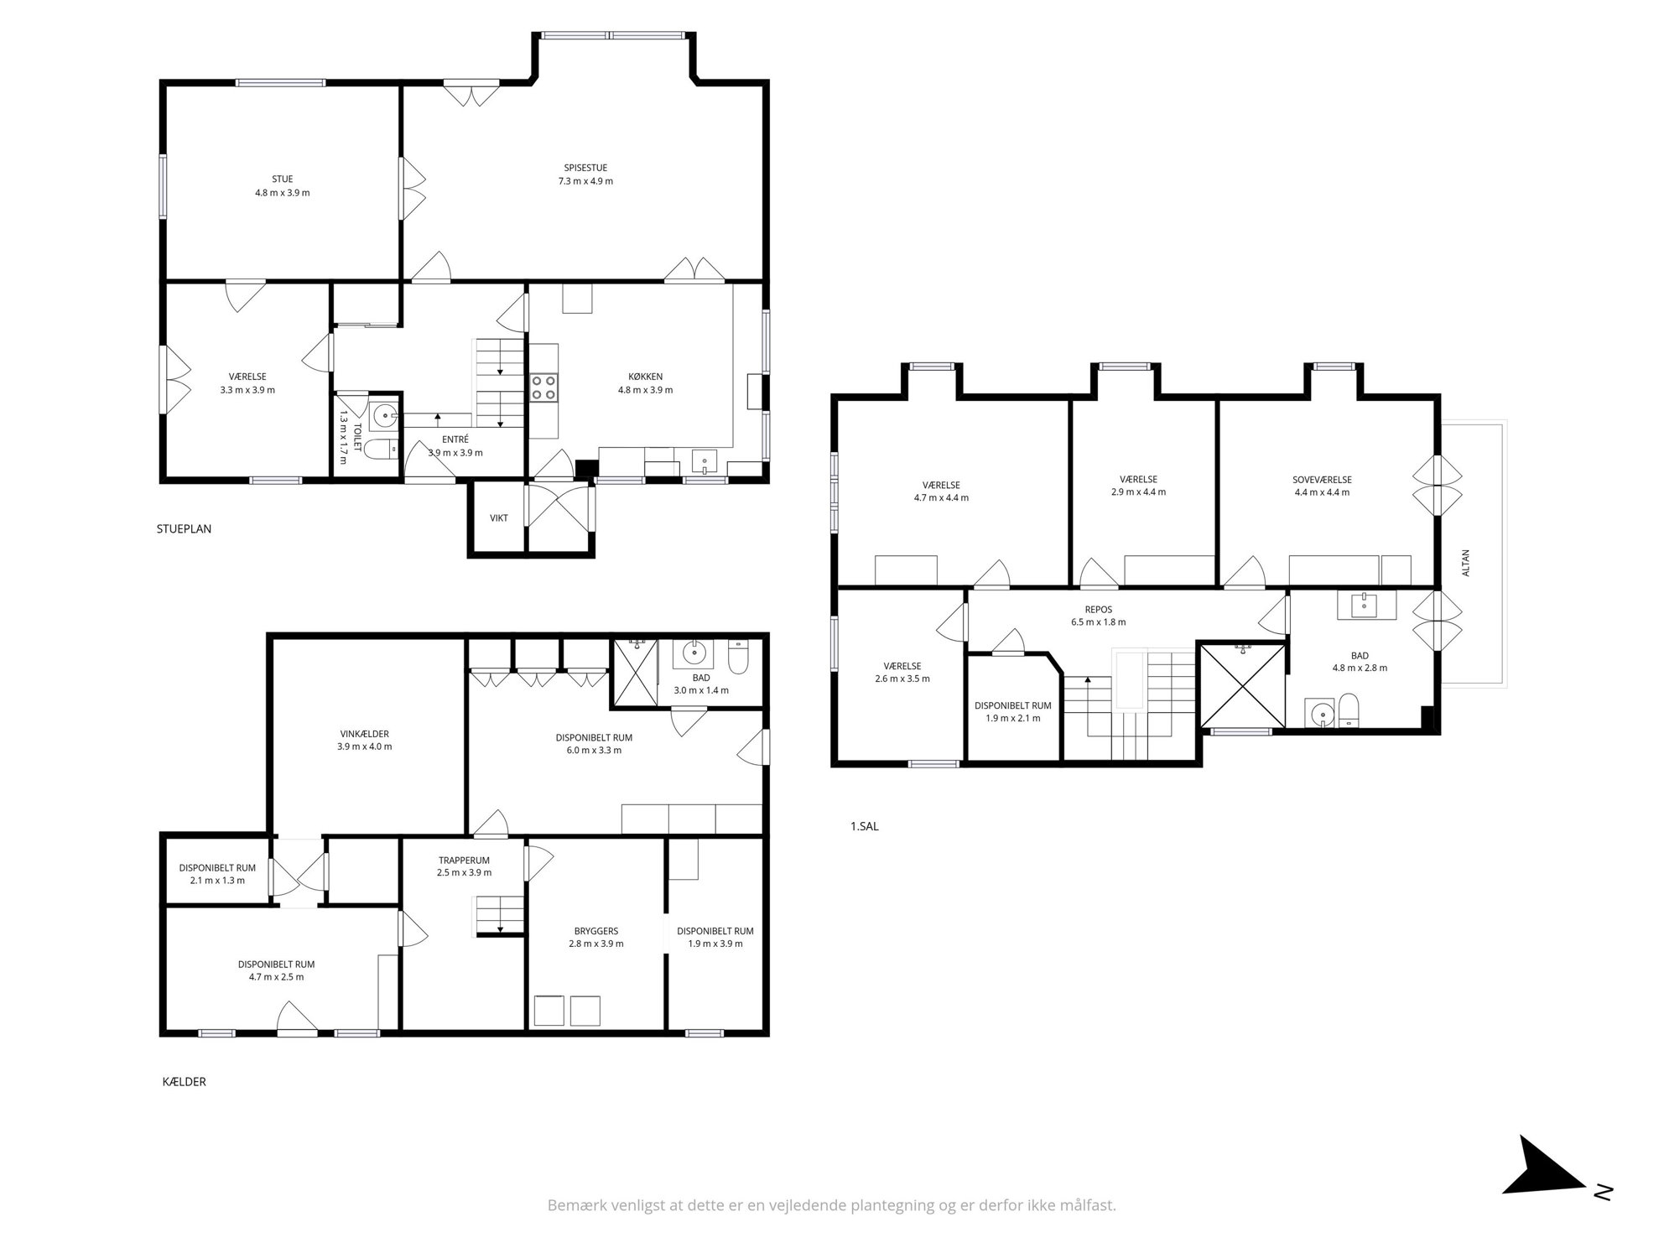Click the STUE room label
[x=283, y=179]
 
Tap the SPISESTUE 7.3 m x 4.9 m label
[x=585, y=174]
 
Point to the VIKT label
[x=499, y=518]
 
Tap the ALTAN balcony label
[x=1465, y=563]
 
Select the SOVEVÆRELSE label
[x=1322, y=480]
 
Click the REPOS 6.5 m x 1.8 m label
[x=1098, y=616]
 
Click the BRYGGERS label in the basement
[x=596, y=931]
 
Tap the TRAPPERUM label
[x=464, y=860]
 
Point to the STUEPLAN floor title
[x=184, y=529]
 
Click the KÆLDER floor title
[x=184, y=1082]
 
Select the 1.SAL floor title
[x=864, y=826]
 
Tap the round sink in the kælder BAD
[x=694, y=651]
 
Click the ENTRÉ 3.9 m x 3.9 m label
[x=455, y=446]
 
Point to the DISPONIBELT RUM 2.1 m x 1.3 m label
[x=217, y=874]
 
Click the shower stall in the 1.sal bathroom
[x=1242, y=686]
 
